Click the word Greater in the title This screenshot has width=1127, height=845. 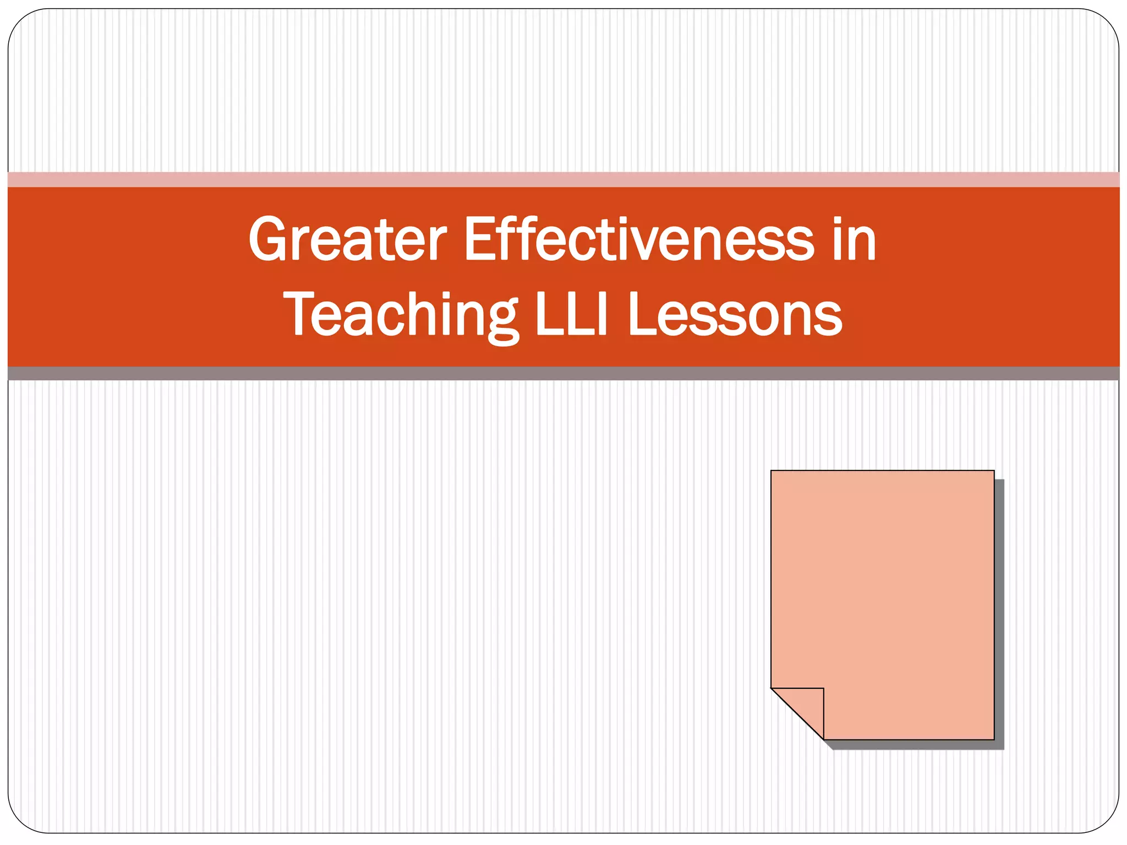point(347,240)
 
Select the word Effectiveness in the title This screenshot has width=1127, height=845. point(638,240)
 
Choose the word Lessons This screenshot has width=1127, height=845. point(735,315)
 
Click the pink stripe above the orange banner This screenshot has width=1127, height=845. point(563,179)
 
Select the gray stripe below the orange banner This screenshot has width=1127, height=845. point(563,374)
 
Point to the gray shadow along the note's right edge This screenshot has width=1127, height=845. point(999,611)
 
